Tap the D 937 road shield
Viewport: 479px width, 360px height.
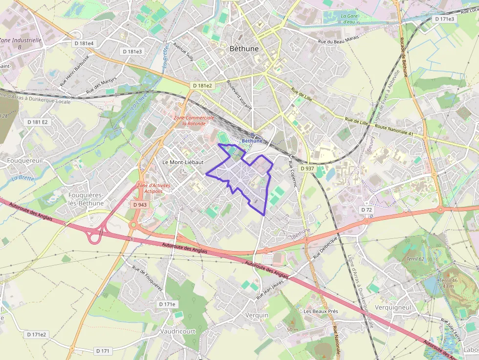[x=307, y=168]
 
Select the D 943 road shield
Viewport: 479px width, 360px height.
[x=139, y=205]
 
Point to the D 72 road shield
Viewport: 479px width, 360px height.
[x=367, y=210]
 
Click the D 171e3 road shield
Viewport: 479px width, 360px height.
[x=444, y=19]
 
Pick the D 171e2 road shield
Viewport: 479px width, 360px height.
[x=37, y=335]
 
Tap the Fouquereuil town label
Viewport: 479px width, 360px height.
[x=26, y=160]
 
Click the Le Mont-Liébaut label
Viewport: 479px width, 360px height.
[x=182, y=162]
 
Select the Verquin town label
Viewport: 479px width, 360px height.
[x=257, y=315]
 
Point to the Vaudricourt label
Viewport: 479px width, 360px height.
[x=178, y=331]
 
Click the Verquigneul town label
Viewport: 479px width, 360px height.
[x=393, y=307]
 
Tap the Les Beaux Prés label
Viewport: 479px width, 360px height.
[x=321, y=311]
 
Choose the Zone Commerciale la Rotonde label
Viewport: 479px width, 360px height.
[x=194, y=121]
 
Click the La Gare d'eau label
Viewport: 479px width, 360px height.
[x=348, y=19]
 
